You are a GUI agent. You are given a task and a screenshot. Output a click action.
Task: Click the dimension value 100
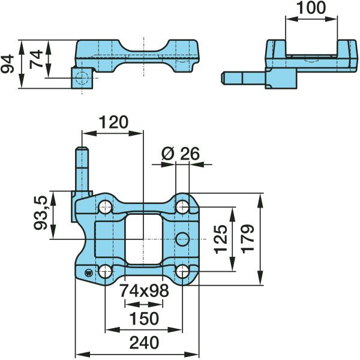click(x=311, y=7)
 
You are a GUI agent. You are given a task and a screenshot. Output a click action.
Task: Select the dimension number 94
click(x=7, y=64)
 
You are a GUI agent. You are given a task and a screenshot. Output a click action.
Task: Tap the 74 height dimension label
click(x=36, y=59)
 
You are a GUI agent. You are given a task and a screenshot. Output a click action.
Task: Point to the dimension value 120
click(x=113, y=122)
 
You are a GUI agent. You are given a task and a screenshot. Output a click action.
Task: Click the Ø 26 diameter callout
click(x=181, y=154)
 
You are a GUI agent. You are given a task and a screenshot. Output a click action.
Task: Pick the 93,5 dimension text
click(x=40, y=213)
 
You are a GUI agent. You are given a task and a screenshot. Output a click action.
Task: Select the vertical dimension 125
click(x=220, y=239)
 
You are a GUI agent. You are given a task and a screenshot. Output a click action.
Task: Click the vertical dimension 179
click(x=248, y=239)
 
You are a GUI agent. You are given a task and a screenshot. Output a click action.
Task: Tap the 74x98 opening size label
click(x=144, y=290)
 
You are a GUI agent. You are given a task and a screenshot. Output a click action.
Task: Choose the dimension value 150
click(x=144, y=319)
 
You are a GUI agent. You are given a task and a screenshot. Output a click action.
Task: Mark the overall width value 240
click(x=144, y=343)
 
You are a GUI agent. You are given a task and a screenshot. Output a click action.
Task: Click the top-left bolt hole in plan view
click(x=106, y=207)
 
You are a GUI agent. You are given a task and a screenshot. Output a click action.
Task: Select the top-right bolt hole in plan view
click(x=182, y=207)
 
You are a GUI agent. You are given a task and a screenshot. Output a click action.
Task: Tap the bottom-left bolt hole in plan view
click(x=106, y=271)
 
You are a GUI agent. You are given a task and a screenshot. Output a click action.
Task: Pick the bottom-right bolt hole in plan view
click(x=182, y=271)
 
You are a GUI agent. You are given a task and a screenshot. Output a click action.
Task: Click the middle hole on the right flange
click(x=182, y=239)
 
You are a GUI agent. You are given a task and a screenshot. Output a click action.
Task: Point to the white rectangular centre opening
click(x=144, y=239)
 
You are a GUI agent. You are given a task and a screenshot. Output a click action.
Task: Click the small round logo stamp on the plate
click(x=88, y=273)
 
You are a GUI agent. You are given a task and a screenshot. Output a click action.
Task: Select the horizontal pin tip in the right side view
click(x=223, y=78)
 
